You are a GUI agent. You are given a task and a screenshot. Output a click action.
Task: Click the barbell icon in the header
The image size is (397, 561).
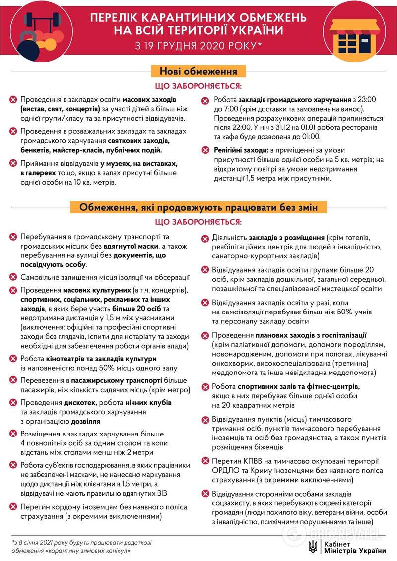tap(42, 22)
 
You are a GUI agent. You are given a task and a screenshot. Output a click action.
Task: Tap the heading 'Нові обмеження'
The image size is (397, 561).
tap(198, 71)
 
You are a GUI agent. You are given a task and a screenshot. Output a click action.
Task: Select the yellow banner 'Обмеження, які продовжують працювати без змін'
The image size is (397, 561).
tap(198, 207)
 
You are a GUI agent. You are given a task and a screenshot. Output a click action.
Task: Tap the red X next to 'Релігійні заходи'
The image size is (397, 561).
tap(205, 150)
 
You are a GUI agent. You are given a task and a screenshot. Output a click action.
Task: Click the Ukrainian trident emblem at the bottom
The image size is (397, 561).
tap(313, 547)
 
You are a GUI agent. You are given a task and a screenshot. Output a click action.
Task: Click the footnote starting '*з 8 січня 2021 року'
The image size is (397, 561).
tap(74, 546)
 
